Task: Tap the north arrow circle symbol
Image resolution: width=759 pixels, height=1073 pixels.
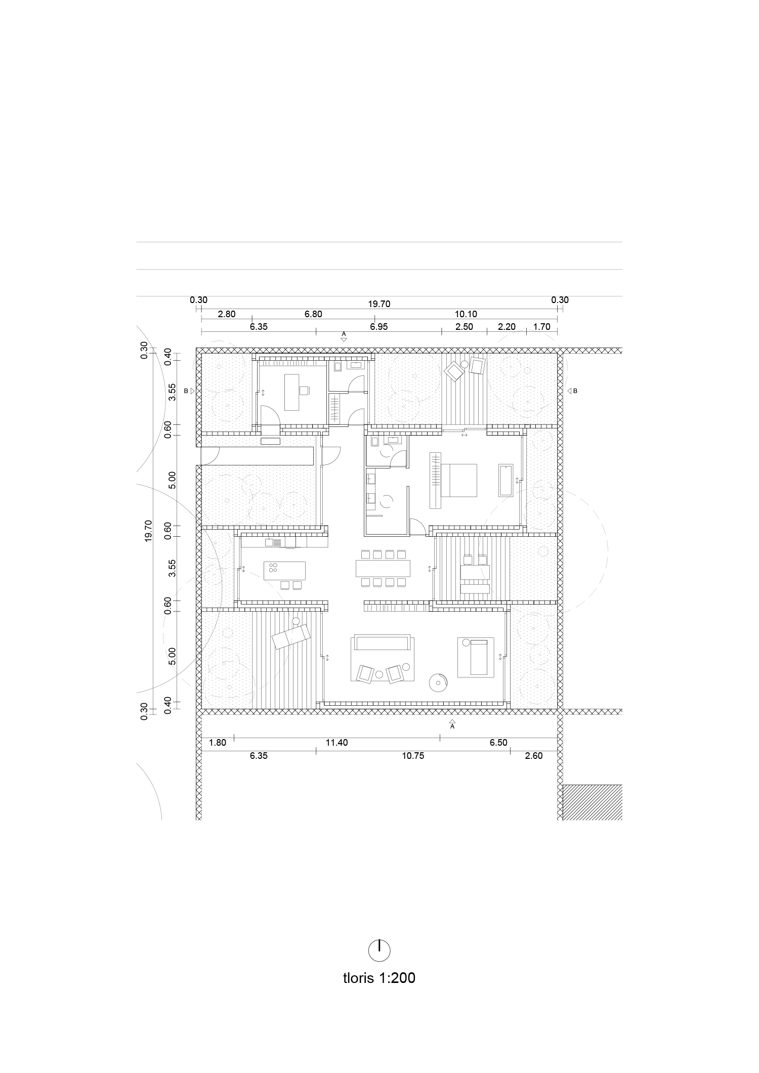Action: click(379, 950)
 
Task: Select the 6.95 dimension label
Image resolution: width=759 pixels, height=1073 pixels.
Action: click(378, 327)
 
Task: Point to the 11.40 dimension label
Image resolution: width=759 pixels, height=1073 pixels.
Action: click(336, 743)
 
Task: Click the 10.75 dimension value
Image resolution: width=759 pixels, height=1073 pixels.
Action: click(413, 756)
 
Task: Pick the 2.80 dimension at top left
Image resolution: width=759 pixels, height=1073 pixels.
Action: click(227, 314)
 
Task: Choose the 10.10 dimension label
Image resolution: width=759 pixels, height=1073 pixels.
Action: click(466, 314)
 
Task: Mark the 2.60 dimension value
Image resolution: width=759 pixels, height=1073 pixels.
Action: click(533, 756)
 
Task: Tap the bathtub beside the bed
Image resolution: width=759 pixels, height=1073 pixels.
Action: click(506, 480)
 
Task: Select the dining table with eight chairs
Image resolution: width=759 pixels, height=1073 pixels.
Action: click(383, 568)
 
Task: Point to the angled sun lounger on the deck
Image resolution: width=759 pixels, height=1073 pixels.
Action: click(290, 636)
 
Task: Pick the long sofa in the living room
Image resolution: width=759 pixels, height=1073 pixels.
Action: click(383, 643)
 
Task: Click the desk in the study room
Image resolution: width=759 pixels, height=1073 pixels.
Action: click(292, 392)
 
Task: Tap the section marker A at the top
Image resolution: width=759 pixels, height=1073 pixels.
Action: click(344, 336)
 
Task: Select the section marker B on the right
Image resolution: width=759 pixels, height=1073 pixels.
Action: click(572, 391)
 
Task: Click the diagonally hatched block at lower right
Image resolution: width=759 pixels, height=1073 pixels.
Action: click(593, 802)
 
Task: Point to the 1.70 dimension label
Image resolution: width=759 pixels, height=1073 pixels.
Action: click(541, 327)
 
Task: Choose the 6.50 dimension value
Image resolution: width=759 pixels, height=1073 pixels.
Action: click(498, 743)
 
